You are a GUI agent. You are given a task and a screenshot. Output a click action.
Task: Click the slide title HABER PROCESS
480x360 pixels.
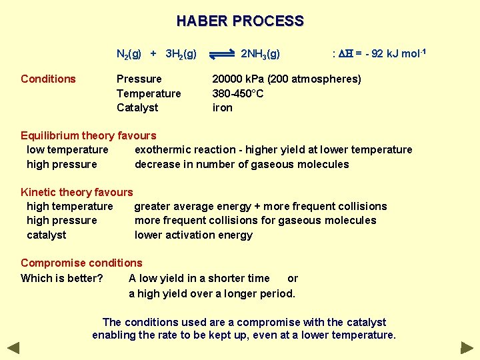(240, 21)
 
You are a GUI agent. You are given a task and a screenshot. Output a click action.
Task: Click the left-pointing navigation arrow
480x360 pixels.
(13, 347)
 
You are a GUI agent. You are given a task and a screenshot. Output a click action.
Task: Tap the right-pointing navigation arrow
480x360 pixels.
(467, 347)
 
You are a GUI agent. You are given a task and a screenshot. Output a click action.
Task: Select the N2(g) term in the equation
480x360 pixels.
(129, 54)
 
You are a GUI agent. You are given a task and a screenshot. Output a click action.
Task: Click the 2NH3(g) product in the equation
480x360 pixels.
(260, 54)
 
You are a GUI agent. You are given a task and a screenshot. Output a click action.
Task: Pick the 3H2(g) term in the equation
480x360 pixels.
(181, 54)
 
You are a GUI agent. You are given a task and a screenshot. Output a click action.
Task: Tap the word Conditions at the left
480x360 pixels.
(48, 79)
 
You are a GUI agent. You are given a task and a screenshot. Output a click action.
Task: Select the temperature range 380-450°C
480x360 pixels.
(238, 93)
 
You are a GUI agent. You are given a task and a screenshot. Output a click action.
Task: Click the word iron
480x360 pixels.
(222, 107)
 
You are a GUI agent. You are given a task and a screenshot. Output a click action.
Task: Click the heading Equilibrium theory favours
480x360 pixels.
(88, 136)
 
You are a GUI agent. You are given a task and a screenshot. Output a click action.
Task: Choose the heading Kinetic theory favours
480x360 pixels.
(77, 193)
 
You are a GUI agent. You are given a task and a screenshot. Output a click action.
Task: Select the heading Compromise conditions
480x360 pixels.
(81, 263)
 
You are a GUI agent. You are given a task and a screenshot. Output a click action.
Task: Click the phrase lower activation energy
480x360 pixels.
(193, 235)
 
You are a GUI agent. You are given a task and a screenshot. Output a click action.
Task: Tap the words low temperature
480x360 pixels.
(67, 150)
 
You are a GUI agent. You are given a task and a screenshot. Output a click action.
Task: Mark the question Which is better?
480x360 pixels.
(61, 278)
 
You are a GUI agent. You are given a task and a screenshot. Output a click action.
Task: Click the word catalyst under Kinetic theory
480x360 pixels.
(47, 235)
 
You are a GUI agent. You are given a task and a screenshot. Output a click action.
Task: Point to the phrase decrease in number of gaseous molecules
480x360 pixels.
(241, 164)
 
